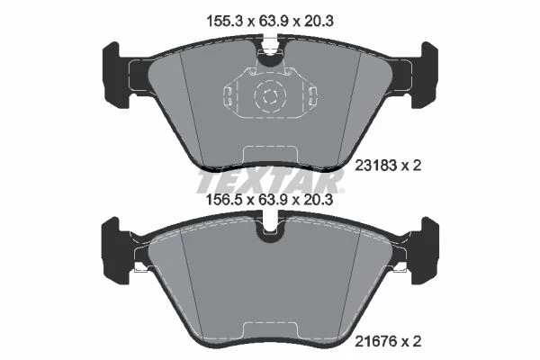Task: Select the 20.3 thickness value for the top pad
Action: (319, 22)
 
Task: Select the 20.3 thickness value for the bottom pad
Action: (319, 199)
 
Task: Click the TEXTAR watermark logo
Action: (270, 182)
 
